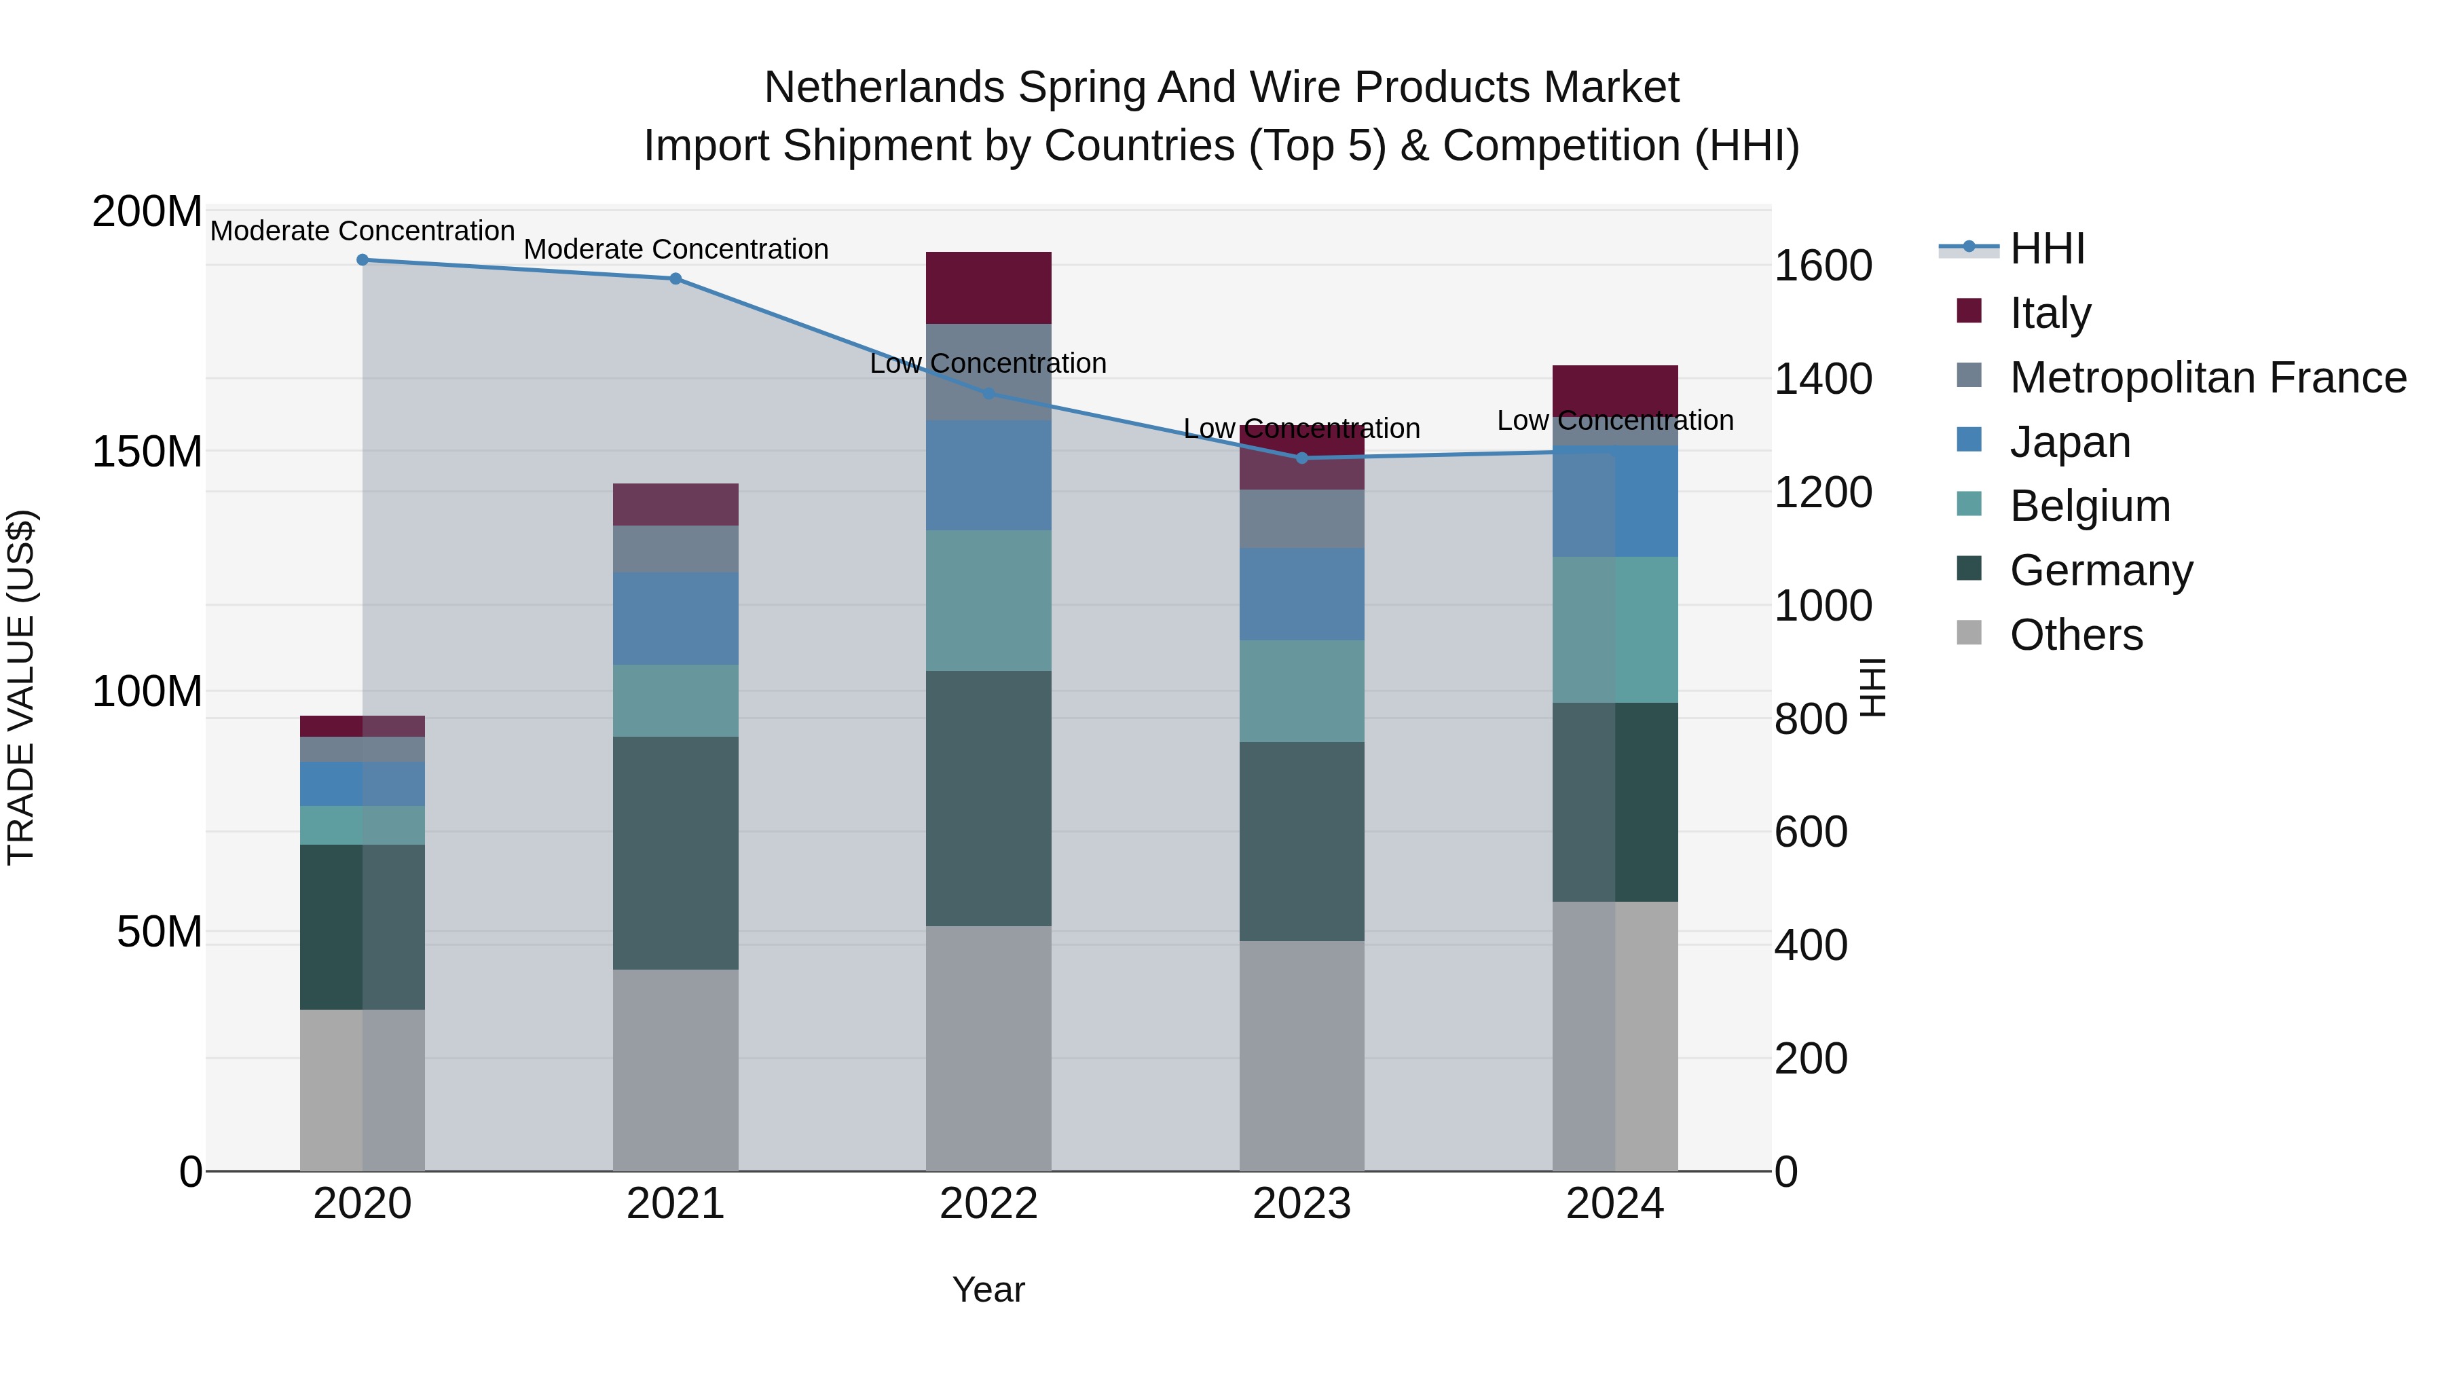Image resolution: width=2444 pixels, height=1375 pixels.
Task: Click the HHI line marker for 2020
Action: (363, 259)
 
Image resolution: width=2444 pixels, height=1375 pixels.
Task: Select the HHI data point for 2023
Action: (1301, 458)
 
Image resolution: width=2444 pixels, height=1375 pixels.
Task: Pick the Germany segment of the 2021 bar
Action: (675, 852)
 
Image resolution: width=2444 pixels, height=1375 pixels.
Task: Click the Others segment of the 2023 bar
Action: (1301, 1055)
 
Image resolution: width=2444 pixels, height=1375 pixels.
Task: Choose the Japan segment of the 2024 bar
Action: (1615, 501)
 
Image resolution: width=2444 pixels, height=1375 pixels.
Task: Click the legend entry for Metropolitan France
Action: (2207, 378)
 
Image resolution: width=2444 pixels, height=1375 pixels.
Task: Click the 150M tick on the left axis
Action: (147, 452)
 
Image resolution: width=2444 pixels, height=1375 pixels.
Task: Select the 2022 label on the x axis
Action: (988, 1204)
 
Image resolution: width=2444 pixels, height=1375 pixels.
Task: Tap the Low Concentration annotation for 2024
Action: (1615, 420)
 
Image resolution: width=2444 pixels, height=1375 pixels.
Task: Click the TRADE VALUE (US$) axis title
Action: (21, 687)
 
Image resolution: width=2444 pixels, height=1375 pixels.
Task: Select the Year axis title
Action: (988, 1289)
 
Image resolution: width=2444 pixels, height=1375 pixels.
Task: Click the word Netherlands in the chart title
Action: (883, 88)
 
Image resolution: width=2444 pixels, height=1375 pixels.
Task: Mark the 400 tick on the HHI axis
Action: (1810, 945)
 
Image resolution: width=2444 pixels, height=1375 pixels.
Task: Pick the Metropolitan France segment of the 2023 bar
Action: (1301, 518)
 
